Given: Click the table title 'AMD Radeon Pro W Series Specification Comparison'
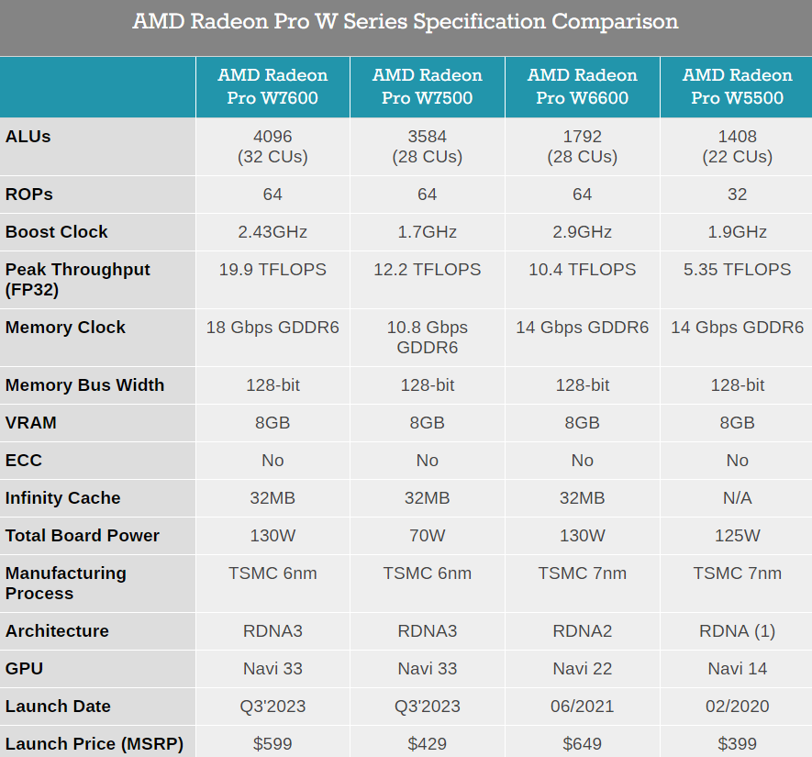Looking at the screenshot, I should coord(406,21).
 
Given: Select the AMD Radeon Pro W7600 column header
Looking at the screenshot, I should coord(273,86).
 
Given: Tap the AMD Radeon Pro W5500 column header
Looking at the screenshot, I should coord(737,86).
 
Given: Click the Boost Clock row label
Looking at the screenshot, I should coord(57,232).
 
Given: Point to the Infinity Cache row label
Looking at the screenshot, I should coord(63,498).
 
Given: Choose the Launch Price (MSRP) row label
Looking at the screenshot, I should coord(95,744).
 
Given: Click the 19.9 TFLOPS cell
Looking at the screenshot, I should coord(273,270).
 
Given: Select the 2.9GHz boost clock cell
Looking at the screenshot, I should coord(582,232).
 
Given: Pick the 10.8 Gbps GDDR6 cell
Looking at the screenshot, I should coord(427,338).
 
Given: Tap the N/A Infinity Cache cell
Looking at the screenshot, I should coord(737,498).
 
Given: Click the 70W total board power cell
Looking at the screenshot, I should coord(427,536).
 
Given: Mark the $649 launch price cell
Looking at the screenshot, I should coord(582,744).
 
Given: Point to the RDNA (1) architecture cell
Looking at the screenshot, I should coord(737,631).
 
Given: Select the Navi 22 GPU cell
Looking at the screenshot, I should coord(582,669).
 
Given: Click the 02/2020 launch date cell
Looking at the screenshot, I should coord(737,707).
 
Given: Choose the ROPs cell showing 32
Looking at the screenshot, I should coord(737,195).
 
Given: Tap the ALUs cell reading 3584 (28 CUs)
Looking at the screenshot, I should coord(427,147).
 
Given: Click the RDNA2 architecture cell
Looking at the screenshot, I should coord(582,631).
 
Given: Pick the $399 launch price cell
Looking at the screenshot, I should coord(737,744).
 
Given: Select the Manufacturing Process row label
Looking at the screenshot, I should coord(66,584).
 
